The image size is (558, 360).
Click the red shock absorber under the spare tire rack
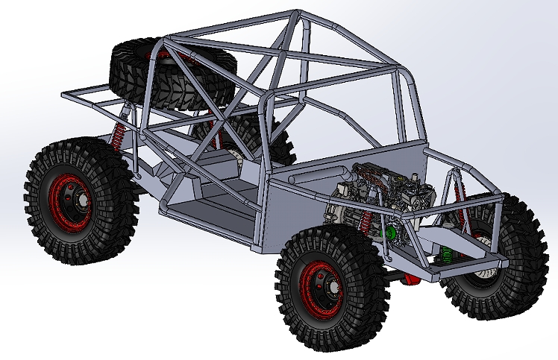117,138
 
